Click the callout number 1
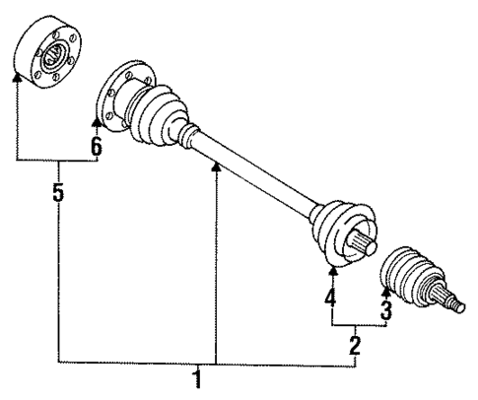[199, 379]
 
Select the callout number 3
[387, 311]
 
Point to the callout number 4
[332, 296]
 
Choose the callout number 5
[58, 193]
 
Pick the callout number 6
[97, 146]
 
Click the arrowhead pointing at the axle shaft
[216, 170]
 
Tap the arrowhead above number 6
[97, 122]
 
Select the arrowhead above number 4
[332, 270]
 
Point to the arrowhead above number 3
[386, 288]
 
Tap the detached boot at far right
[406, 270]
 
